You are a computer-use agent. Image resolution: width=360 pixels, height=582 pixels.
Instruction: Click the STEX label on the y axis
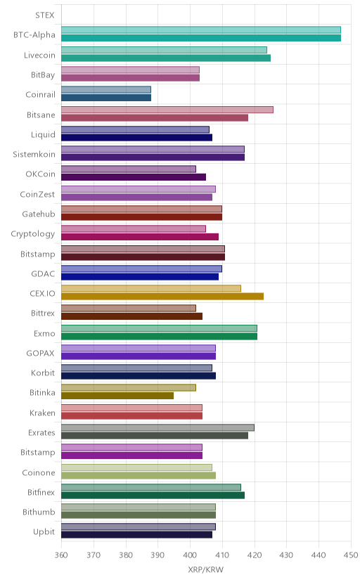tap(45, 15)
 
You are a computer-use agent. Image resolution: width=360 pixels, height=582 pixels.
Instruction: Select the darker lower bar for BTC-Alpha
tap(201, 38)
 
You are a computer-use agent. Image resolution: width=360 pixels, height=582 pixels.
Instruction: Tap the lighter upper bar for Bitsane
tap(167, 110)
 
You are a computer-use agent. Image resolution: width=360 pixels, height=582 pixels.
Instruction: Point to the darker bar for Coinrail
tap(106, 98)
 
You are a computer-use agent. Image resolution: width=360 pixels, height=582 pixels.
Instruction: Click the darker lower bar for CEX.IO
tap(162, 297)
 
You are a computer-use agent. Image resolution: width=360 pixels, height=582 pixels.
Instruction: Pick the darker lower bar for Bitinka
tap(117, 396)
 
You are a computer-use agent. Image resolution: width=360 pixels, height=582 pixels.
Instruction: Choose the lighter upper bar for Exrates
tap(157, 428)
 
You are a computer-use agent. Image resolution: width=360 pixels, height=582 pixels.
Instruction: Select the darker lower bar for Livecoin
tap(166, 58)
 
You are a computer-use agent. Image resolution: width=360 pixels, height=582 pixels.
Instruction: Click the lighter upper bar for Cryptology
tap(134, 229)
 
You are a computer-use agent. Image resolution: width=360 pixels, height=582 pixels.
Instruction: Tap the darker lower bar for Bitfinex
tap(153, 496)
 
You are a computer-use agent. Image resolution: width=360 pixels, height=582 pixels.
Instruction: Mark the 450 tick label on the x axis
tap(351, 555)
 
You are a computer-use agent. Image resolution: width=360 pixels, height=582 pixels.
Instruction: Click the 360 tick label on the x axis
tap(61, 555)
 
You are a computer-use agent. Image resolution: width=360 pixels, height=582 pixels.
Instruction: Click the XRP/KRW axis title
tap(206, 570)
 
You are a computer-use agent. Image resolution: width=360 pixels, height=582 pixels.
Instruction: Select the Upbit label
tap(44, 532)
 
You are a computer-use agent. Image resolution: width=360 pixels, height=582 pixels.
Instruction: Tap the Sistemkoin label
tap(34, 155)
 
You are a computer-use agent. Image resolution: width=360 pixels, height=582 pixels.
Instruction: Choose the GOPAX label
tap(41, 354)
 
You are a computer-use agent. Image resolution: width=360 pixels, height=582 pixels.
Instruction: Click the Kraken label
tap(42, 413)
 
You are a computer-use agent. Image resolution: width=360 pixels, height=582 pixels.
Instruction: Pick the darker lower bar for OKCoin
tap(134, 177)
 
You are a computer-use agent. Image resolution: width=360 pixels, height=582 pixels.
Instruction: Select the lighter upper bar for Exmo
tap(159, 328)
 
